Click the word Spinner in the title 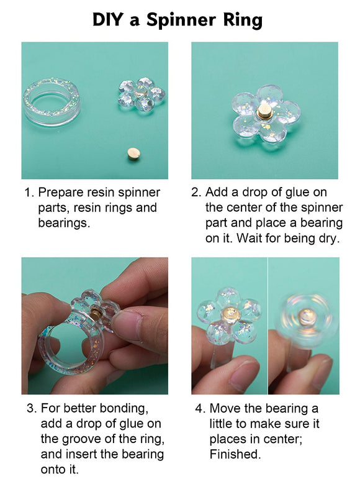pos(181,20)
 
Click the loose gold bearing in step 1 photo pos(133,153)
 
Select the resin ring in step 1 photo pos(52,101)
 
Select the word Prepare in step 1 pos(60,193)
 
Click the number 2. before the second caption pos(196,193)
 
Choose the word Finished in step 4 pos(235,454)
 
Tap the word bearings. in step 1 pos(64,223)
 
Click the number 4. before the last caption pos(200,409)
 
